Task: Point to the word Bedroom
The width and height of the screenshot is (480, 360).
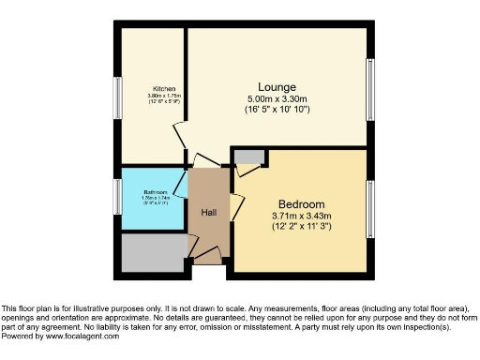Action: pos(301,204)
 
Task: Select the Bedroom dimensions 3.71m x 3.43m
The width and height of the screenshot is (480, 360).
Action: pos(301,217)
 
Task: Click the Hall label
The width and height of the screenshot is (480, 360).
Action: pos(209,212)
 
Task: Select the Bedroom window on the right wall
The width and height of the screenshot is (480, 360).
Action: pos(370,208)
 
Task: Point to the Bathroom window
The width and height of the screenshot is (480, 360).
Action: pos(118,196)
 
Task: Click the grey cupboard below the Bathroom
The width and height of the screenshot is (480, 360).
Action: pos(153,251)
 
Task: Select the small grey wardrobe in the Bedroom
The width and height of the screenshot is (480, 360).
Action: pos(248,157)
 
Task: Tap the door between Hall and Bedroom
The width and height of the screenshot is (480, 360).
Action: pos(237,205)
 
